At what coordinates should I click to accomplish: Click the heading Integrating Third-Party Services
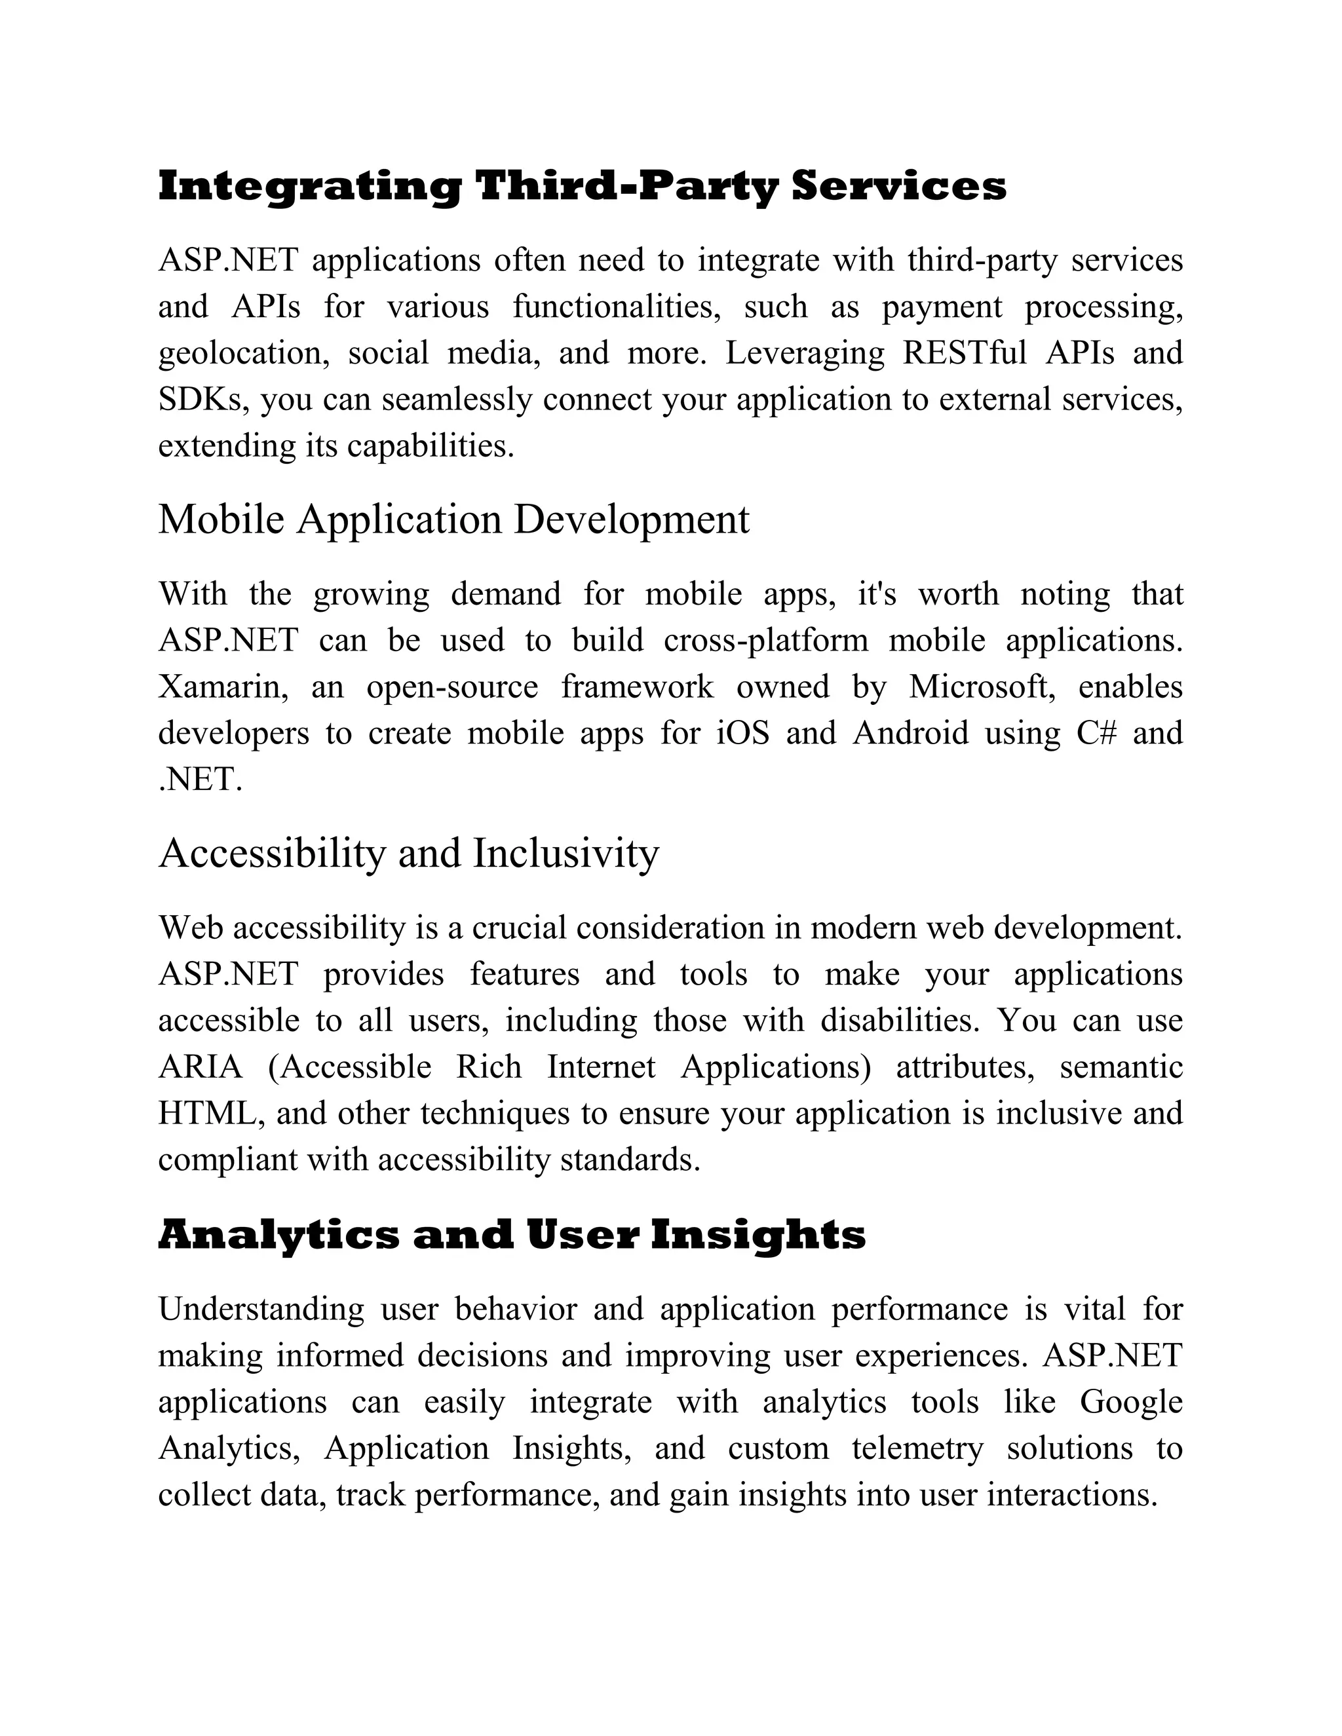582,187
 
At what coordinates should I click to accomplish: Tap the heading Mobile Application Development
453,520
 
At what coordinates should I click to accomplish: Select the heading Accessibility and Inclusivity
409,853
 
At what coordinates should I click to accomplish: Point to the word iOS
742,733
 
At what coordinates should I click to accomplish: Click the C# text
1096,733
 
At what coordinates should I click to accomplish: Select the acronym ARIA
201,1066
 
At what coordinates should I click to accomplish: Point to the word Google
1130,1402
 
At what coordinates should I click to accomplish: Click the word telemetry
917,1448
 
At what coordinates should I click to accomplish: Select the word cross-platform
765,641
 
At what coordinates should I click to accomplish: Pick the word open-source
451,687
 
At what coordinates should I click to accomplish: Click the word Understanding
261,1308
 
